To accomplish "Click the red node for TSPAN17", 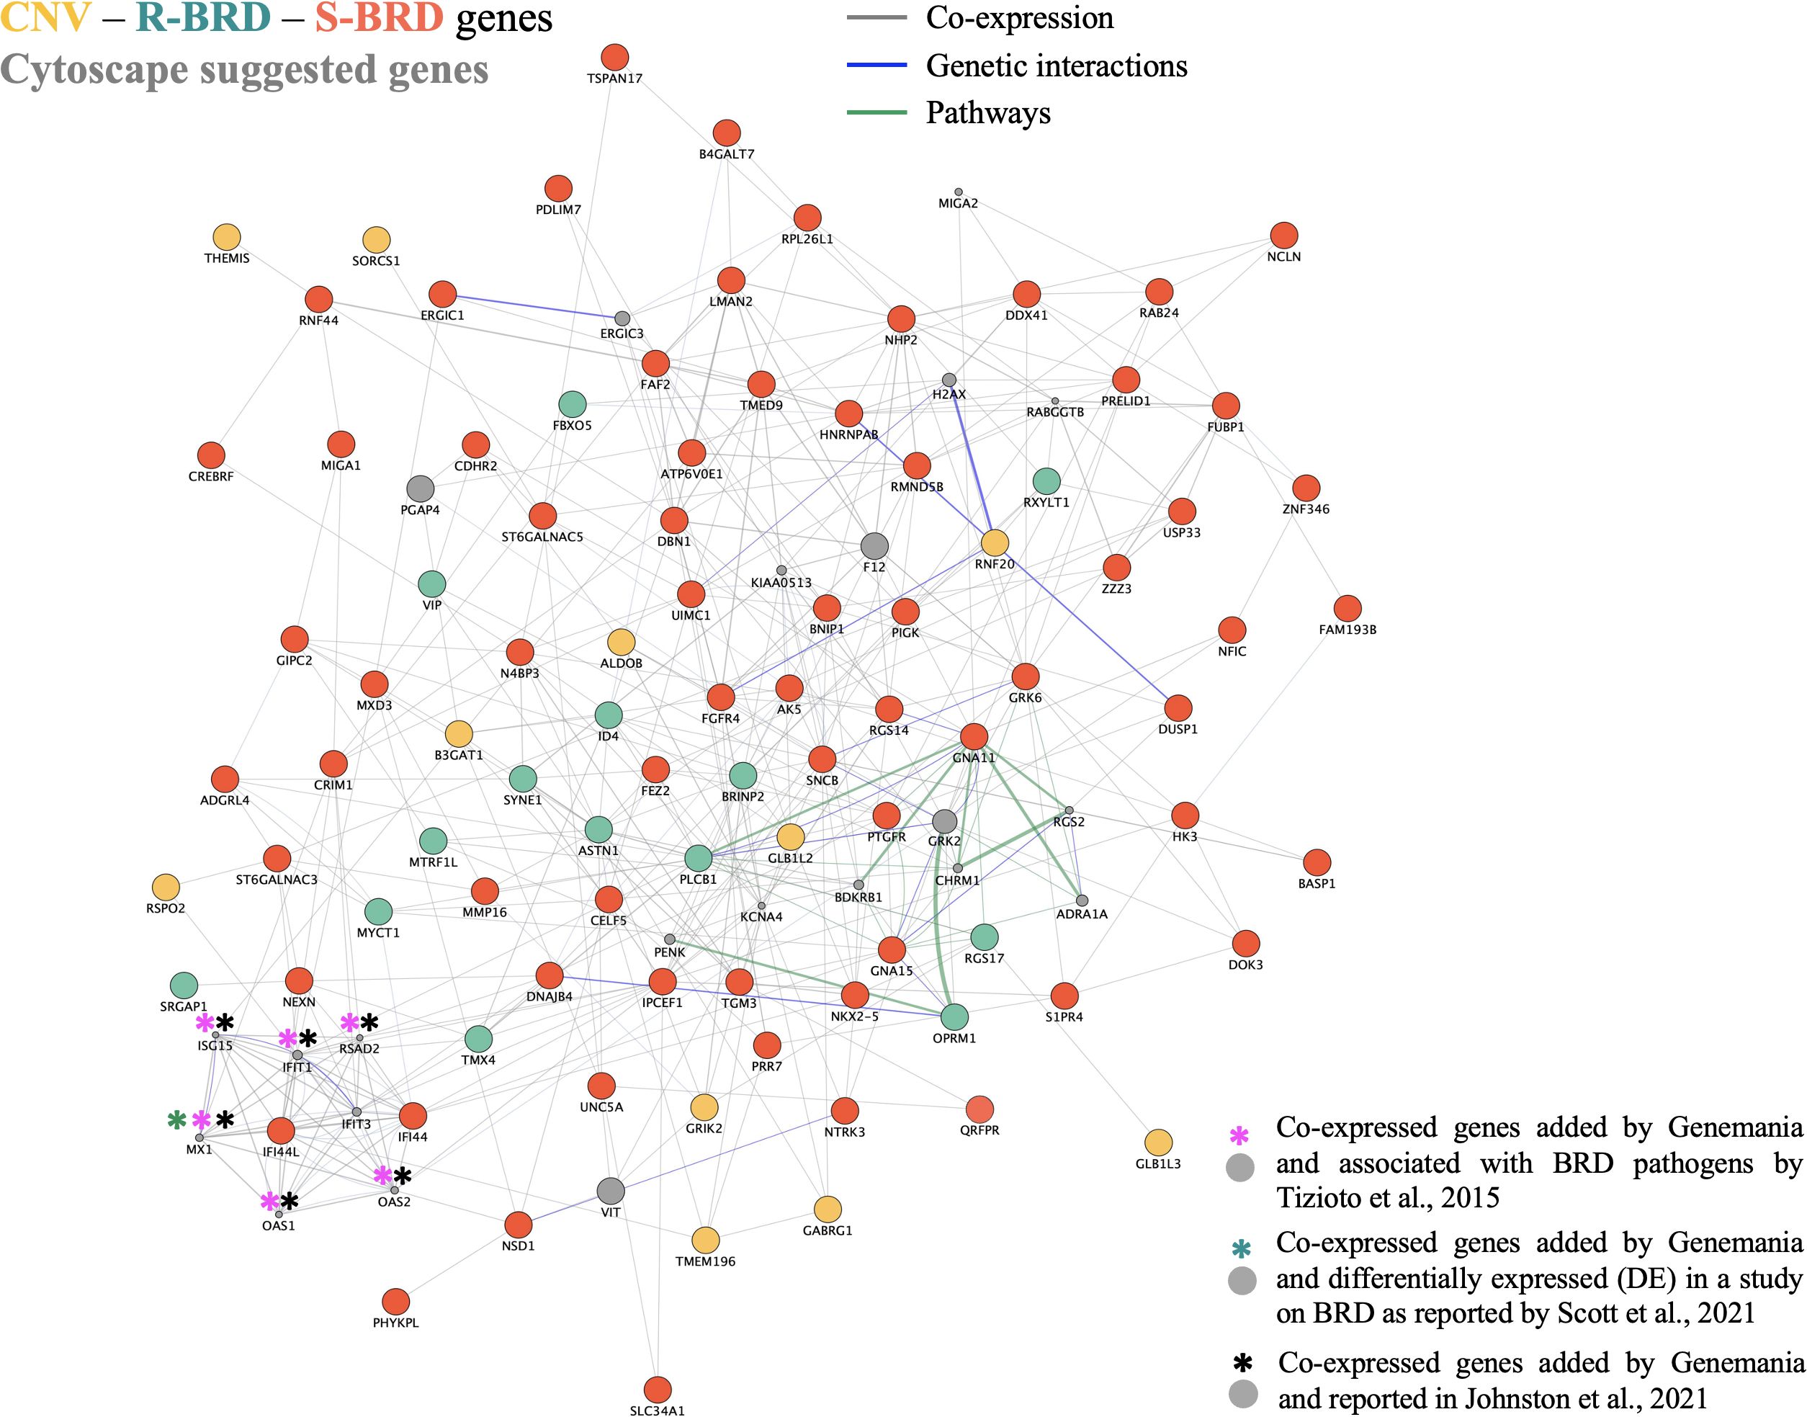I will click(614, 57).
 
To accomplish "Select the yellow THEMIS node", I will click(226, 237).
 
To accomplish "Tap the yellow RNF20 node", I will click(995, 542).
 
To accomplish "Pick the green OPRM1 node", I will click(954, 1016).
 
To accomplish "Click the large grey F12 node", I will click(874, 546).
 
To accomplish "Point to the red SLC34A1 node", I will click(657, 1389).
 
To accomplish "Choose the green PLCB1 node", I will click(699, 858).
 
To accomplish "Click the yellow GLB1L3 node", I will click(1157, 1143).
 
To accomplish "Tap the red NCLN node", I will click(1283, 235).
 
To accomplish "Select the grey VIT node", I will click(610, 1191).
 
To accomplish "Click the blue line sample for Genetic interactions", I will click(876, 65).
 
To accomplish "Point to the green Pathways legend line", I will click(876, 112).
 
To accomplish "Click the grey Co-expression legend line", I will click(876, 17).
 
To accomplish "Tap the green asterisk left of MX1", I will click(176, 1120).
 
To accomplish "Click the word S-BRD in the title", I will click(379, 18).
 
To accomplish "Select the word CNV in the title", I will click(45, 18).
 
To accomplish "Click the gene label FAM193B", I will click(1347, 630).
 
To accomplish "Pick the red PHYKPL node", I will click(395, 1301).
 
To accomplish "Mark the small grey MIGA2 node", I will click(958, 192).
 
